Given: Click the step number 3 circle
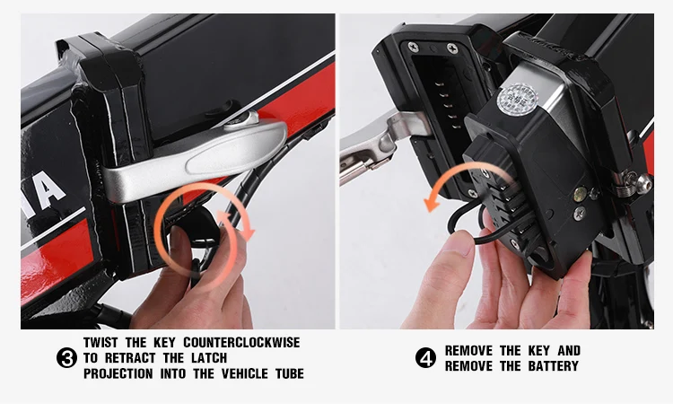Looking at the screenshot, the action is [67, 358].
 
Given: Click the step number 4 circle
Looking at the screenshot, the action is [425, 358].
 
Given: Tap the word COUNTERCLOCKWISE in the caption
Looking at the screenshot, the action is [241, 343].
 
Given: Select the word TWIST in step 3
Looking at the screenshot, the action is [101, 343].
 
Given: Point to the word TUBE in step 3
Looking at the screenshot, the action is [290, 373].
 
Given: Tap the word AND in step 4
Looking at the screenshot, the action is [569, 351].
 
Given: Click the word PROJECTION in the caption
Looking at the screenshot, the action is [118, 373].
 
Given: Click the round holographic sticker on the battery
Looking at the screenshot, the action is [517, 100].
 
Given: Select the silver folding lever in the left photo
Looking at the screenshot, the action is [196, 159].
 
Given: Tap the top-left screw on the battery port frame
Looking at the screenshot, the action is [413, 47].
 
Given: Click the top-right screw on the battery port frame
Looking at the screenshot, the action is [452, 48].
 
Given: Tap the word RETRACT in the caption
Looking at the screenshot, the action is [130, 358].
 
